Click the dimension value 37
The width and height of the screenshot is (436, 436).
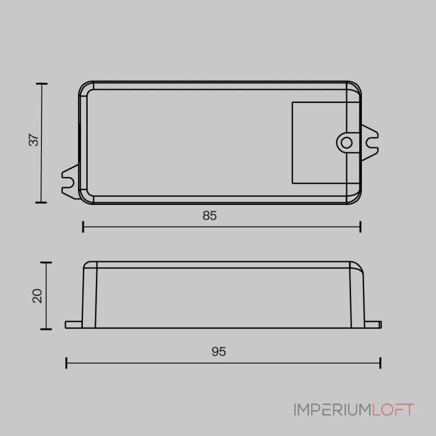pos(34,140)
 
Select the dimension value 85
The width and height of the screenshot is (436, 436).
pos(210,215)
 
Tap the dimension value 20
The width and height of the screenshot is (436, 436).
pos(37,296)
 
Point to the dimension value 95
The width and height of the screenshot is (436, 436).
pos(218,352)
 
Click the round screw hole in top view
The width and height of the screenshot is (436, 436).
pos(345,143)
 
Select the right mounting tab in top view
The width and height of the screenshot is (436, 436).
pos(370,143)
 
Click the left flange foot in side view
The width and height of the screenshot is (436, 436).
pos(74,324)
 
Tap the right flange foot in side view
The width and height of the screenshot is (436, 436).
pos(372,324)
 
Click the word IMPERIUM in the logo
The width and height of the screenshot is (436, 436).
pos(332,410)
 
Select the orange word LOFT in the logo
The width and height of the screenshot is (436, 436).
pos(393,410)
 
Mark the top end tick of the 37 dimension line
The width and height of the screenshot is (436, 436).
pos(41,84)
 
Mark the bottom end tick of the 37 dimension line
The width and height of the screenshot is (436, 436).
pos(41,202)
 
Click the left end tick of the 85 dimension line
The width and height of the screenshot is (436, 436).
pos(83,227)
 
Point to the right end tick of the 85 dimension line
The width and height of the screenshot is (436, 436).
pos(360,227)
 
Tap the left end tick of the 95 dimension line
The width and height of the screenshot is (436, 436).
pos(66,363)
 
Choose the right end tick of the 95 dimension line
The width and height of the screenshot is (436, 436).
pos(380,363)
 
